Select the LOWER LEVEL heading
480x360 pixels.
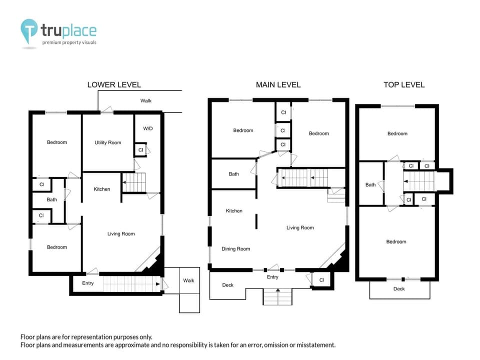pos(114,84)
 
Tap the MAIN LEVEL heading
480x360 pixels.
pos(278,84)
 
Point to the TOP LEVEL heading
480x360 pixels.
pos(404,84)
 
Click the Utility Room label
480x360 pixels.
pos(108,142)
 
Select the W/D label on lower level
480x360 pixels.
pos(148,128)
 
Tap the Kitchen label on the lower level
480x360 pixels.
pos(102,189)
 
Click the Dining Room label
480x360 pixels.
pos(236,248)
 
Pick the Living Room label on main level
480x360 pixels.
pos(300,227)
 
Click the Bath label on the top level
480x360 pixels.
pos(370,184)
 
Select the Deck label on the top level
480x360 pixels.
pos(399,288)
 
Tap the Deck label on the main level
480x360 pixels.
pos(227,285)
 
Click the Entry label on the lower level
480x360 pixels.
pos(87,283)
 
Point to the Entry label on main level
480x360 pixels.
pos(272,277)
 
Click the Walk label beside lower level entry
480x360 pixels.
pos(188,280)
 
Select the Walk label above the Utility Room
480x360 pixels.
pos(146,100)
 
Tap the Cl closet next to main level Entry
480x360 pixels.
pos(321,280)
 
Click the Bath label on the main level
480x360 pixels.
pos(234,174)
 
